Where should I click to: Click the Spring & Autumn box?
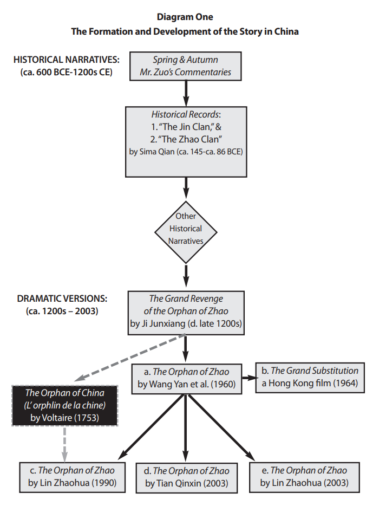click(185, 66)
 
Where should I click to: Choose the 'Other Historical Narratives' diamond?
click(186, 228)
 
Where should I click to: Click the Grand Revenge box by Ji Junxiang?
click(186, 311)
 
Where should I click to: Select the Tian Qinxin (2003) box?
click(186, 477)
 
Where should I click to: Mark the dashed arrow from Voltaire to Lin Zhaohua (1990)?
click(64, 442)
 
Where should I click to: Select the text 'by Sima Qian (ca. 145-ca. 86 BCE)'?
click(186, 152)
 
